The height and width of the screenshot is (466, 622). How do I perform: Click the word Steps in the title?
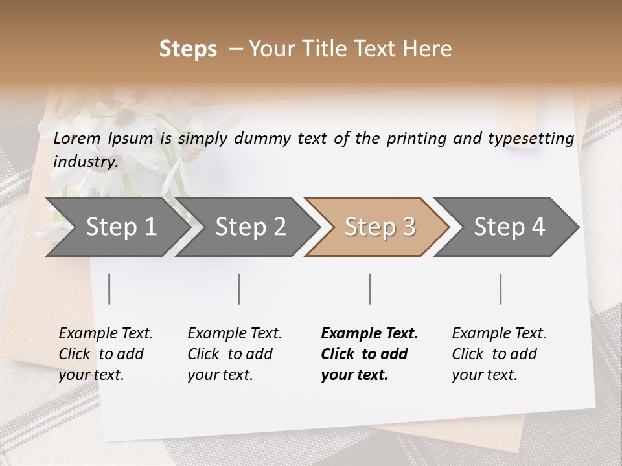188,49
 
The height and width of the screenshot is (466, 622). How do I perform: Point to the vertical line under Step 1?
109,289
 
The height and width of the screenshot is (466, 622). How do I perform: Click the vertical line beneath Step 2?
239,289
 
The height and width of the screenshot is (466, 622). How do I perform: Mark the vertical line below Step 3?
370,289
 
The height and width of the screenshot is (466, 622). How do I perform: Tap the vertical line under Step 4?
501,289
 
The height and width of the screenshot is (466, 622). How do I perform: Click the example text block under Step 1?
106,354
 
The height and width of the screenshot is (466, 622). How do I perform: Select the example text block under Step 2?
235,354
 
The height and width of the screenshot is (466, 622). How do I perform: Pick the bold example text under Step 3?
369,354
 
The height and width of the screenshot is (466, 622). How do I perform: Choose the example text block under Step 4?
499,354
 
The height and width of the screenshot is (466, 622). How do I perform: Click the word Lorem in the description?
77,138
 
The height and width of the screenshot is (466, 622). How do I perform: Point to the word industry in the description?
85,161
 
